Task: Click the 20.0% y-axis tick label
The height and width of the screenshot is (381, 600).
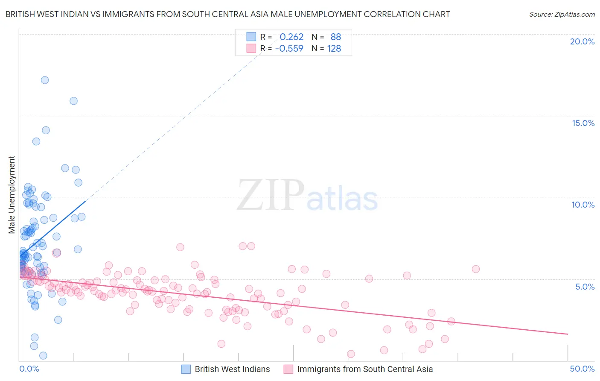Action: (582, 41)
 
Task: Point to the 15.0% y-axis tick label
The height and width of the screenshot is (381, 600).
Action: (583, 123)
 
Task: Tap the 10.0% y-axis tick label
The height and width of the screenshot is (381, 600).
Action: (583, 205)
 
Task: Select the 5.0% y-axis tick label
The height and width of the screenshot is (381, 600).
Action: (585, 287)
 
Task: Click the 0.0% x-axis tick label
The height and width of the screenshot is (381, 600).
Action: (29, 369)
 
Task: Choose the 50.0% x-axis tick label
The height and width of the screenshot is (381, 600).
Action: (582, 369)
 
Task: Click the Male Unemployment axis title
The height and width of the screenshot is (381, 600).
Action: (12, 194)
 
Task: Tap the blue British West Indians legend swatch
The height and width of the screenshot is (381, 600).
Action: (186, 369)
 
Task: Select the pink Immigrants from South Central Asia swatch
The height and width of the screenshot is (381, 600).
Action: (288, 369)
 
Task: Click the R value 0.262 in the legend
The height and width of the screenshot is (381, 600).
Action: (291, 37)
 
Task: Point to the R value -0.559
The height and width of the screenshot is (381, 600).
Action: (289, 49)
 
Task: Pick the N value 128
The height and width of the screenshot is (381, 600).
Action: (334, 49)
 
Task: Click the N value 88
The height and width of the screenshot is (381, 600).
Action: (336, 37)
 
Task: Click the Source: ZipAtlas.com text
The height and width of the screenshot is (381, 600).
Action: (562, 15)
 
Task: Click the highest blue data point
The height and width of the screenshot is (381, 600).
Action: (44, 80)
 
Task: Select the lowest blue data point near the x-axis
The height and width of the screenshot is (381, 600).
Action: (43, 355)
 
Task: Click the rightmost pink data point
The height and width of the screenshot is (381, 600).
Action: (476, 269)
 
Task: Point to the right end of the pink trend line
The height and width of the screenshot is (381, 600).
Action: (568, 334)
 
